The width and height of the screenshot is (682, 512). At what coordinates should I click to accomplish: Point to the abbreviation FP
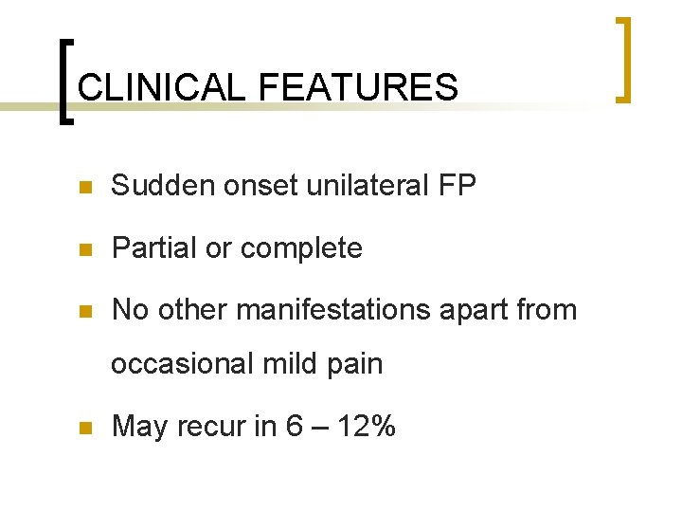[457, 187]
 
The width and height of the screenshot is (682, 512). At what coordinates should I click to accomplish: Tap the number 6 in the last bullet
[295, 427]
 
